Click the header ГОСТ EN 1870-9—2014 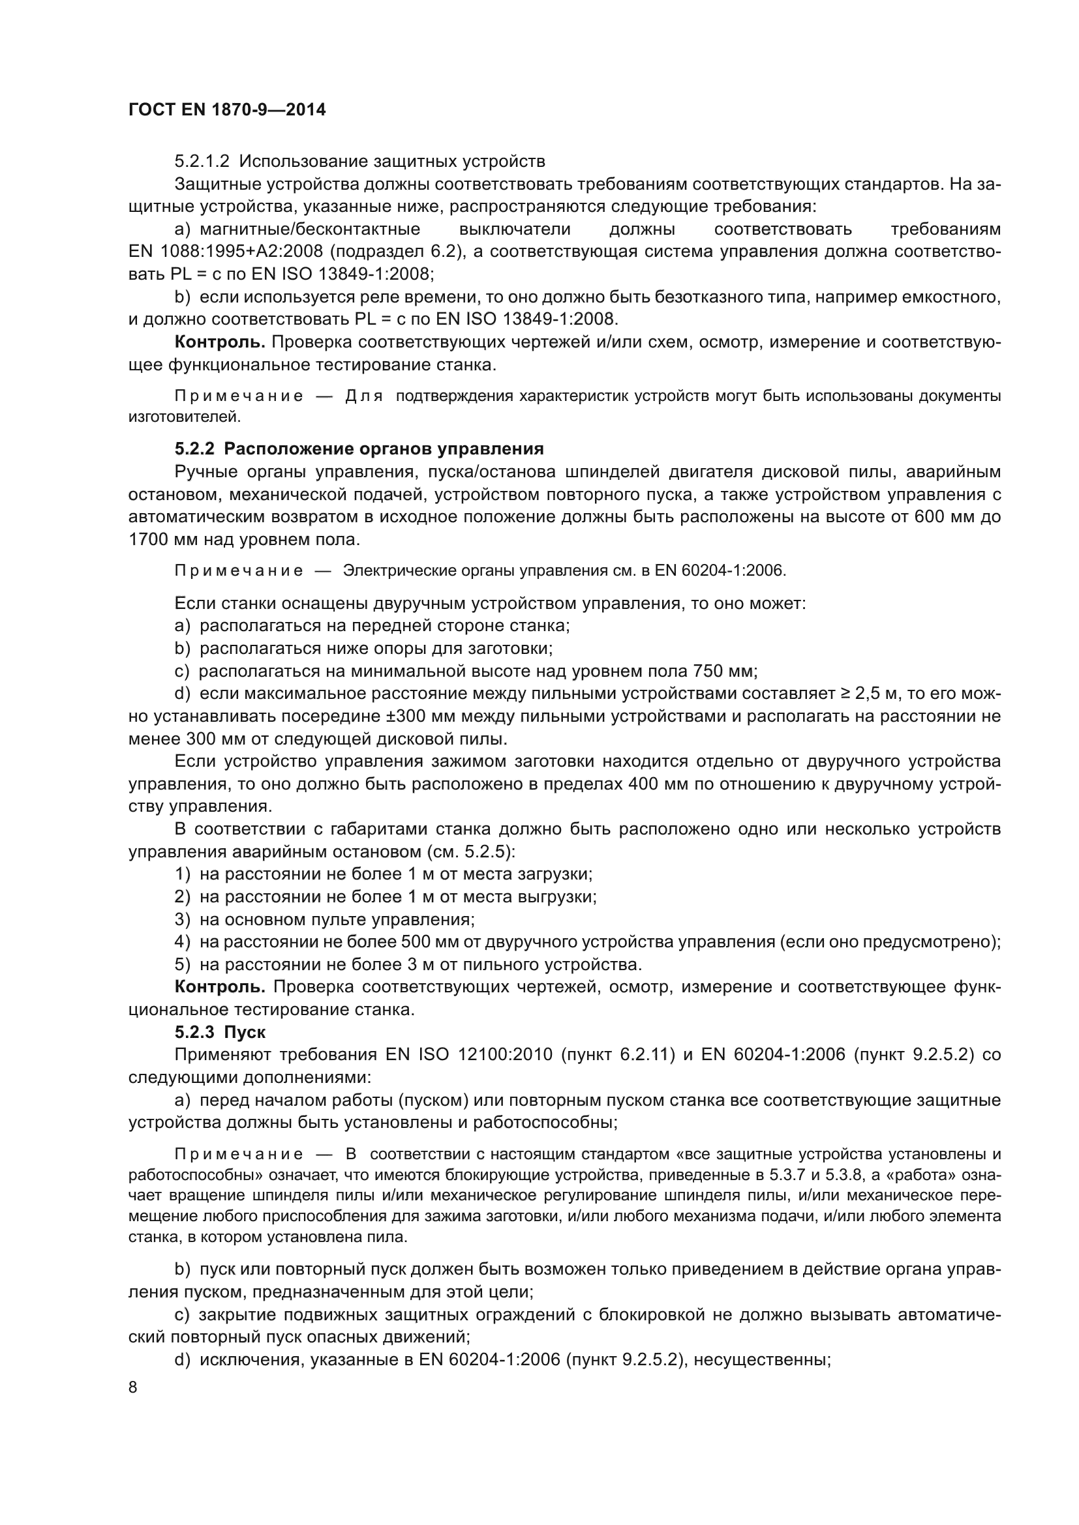pos(227,110)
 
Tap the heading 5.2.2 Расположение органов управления pos(359,449)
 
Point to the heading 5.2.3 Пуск pos(220,1032)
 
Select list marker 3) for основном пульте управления pos(183,919)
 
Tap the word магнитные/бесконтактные pos(311,229)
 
